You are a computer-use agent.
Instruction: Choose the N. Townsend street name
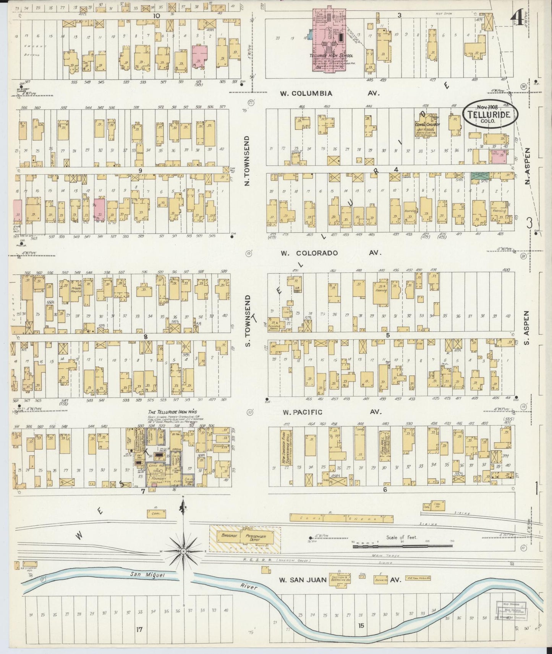(247, 161)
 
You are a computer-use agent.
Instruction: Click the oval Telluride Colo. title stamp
(490, 114)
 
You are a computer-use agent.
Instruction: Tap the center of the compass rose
(183, 551)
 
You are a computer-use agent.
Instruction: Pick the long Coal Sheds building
(341, 518)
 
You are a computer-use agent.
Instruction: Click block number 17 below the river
(139, 629)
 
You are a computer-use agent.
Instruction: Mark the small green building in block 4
(476, 176)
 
